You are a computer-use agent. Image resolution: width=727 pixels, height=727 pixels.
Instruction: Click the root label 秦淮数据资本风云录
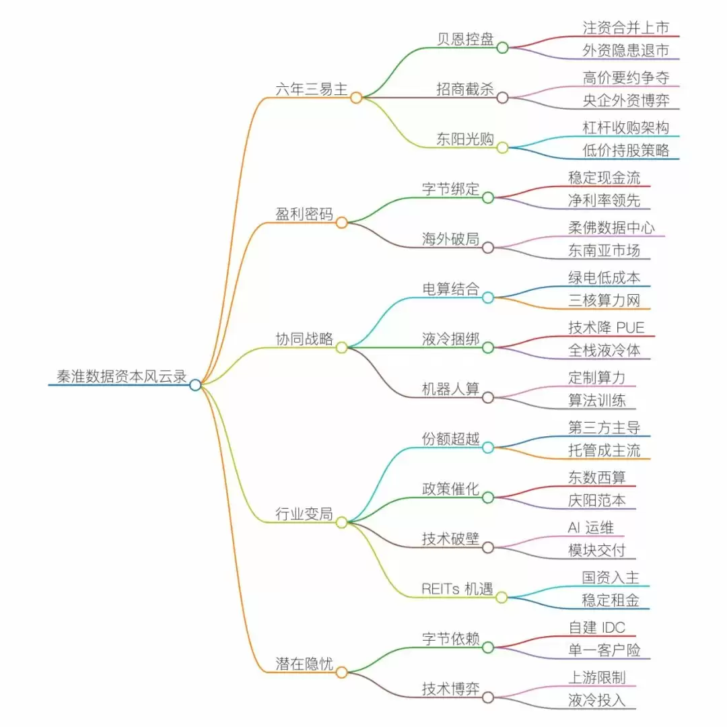(121, 376)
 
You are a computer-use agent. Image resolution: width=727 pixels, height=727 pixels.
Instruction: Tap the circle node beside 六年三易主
(356, 98)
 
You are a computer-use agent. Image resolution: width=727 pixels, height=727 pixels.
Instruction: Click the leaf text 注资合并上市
(625, 28)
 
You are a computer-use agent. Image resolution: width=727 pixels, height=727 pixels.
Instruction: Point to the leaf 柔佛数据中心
(611, 228)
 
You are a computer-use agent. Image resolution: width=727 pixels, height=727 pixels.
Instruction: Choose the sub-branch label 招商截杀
(464, 89)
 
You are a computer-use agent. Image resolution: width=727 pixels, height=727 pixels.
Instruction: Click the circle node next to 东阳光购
(502, 147)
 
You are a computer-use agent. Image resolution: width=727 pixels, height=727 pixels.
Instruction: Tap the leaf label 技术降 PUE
(606, 327)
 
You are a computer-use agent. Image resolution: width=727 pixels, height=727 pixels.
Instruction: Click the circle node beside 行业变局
(341, 522)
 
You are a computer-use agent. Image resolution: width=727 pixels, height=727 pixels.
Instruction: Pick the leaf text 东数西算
(596, 477)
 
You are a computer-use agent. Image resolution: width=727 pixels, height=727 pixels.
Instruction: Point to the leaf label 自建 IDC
(596, 627)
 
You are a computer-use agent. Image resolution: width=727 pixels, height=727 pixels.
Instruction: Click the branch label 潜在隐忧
(304, 664)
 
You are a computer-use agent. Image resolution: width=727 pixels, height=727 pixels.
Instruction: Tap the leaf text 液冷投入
(596, 700)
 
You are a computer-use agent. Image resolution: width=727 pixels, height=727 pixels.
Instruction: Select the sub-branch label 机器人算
(450, 389)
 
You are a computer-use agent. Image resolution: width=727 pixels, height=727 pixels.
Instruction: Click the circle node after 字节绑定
(488, 197)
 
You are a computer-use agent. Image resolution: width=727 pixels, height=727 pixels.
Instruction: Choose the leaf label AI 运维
(590, 528)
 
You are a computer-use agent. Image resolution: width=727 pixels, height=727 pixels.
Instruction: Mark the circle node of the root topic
(195, 385)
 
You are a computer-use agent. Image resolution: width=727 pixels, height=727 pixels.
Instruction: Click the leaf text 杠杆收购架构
(625, 127)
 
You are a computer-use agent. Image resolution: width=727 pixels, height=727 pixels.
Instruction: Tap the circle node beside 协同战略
(341, 347)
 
